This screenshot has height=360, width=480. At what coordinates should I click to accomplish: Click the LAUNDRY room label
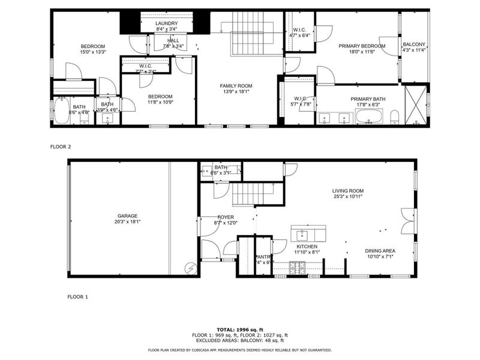[x=166, y=23]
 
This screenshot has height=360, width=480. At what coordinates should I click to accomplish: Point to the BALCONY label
[x=414, y=44]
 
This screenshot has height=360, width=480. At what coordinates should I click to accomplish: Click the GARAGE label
[x=127, y=216]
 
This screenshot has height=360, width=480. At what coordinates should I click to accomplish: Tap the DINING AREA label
[x=380, y=251]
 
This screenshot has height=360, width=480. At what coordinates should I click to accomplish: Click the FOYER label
[x=226, y=217]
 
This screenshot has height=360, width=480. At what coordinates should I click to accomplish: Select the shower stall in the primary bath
[x=416, y=106]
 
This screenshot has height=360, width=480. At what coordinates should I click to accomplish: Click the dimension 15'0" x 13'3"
[x=93, y=52]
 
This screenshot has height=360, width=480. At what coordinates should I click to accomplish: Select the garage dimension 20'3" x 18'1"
[x=127, y=221]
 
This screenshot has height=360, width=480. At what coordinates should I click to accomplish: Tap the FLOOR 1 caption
[x=77, y=296]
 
